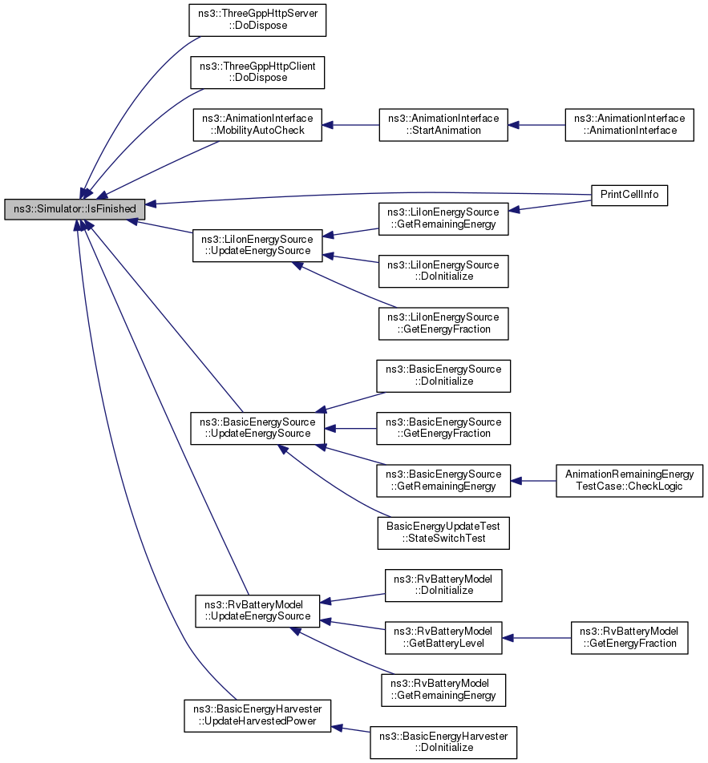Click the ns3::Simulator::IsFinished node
pyautogui.click(x=75, y=208)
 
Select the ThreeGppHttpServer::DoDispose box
pyautogui.click(x=257, y=19)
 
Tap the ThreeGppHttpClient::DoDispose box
pyautogui.click(x=257, y=72)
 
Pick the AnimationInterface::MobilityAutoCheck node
pyautogui.click(x=257, y=124)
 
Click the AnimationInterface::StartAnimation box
pyautogui.click(x=443, y=124)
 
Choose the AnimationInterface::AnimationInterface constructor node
pyautogui.click(x=629, y=124)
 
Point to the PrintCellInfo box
pyautogui.click(x=629, y=195)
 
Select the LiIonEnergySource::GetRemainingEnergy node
pyautogui.click(x=443, y=219)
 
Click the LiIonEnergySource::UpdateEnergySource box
pyautogui.click(x=257, y=245)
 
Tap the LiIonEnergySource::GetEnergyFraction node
pyautogui.click(x=443, y=323)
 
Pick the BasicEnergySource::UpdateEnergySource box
pyautogui.click(x=257, y=428)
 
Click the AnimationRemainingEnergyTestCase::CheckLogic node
pyautogui.click(x=629, y=480)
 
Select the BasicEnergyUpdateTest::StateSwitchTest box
pyautogui.click(x=443, y=533)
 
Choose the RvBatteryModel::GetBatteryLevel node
pyautogui.click(x=443, y=637)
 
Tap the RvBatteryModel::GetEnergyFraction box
pyautogui.click(x=629, y=637)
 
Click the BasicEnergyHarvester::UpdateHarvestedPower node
pyautogui.click(x=257, y=716)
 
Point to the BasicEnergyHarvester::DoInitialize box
pyautogui.click(x=443, y=742)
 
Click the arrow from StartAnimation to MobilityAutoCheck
pyautogui.click(x=350, y=125)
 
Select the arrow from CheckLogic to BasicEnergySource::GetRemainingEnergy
pyautogui.click(x=533, y=481)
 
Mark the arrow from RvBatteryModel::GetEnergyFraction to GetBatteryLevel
pyautogui.click(x=536, y=638)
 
